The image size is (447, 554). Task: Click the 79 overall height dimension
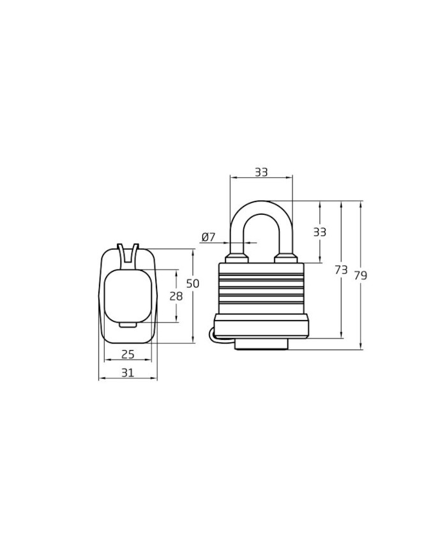pos(360,275)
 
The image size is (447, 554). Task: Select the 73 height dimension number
pos(341,270)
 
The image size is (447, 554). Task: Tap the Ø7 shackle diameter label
pos(208,237)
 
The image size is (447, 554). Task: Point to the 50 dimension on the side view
pos(193,283)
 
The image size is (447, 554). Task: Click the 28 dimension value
pos(176,296)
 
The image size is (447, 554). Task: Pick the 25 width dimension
pos(128,354)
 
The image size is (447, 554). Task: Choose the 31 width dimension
pos(128,372)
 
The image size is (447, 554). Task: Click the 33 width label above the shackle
pos(261,172)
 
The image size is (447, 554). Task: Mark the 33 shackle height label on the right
pos(319,232)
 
